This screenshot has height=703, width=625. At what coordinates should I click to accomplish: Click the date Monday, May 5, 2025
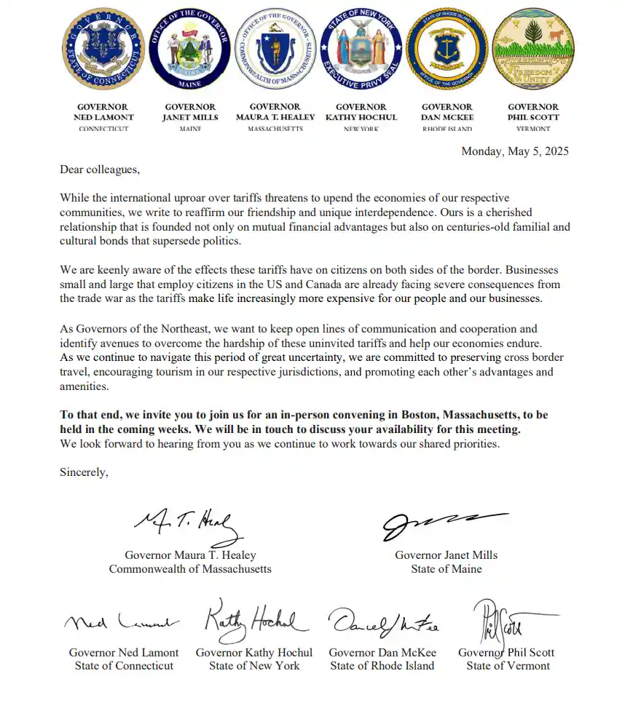click(515, 151)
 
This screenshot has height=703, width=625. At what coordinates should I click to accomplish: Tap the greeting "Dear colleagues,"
click(99, 170)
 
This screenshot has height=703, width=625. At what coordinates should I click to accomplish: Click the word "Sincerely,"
click(84, 472)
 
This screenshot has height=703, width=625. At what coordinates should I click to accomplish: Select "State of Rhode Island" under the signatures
click(382, 665)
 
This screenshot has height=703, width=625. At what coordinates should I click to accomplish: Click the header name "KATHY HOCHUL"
click(361, 117)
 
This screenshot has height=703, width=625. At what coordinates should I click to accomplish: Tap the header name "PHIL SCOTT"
click(533, 117)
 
